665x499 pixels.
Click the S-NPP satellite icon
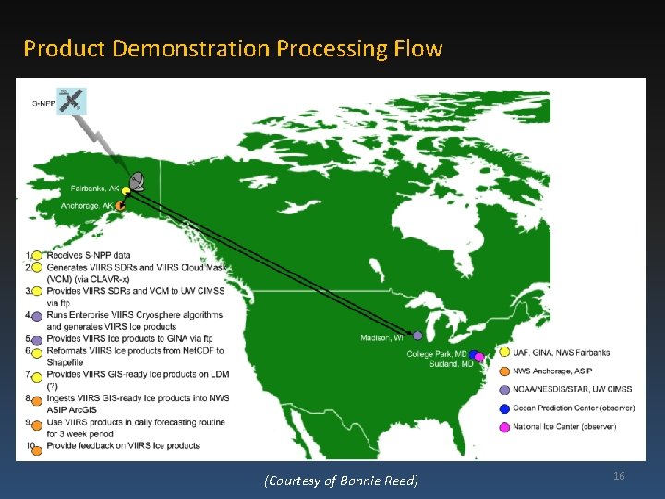coord(69,100)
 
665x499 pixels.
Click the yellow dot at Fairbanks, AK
coord(126,190)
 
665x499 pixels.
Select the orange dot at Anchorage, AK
coord(120,205)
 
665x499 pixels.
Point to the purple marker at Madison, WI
coord(417,335)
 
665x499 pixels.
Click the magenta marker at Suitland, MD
coord(478,357)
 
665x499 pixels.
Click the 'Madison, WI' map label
coord(381,338)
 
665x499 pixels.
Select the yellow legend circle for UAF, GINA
coord(504,352)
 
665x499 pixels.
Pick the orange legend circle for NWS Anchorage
coord(504,371)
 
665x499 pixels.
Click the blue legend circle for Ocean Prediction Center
coord(504,408)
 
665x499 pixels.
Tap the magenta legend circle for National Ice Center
coord(504,427)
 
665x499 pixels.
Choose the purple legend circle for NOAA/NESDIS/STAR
coord(504,390)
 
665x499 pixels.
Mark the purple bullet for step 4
coord(37,316)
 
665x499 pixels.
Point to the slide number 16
coord(619,475)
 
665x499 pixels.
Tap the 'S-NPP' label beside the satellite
coord(42,103)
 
